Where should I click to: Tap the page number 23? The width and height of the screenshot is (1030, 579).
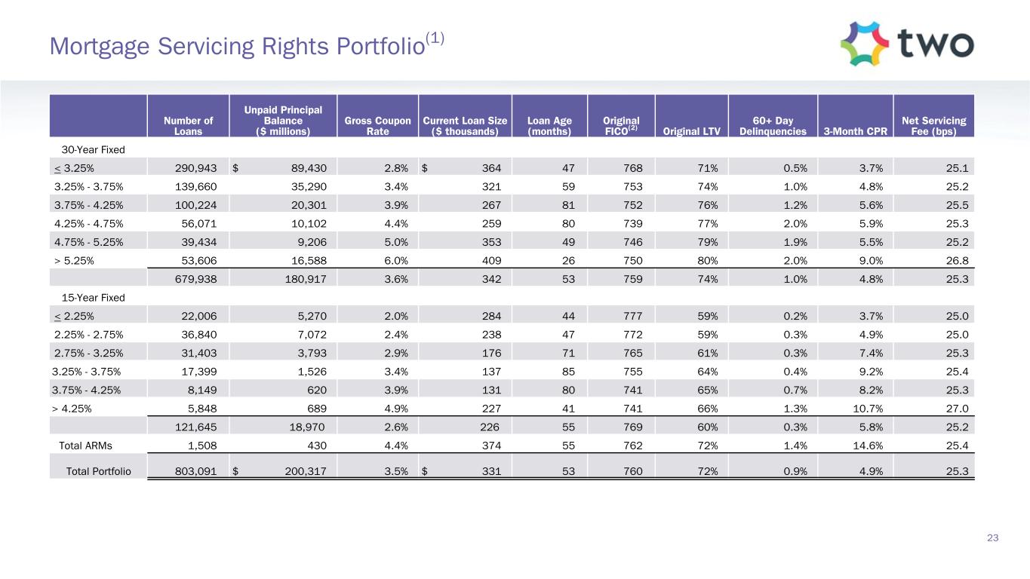(x=992, y=538)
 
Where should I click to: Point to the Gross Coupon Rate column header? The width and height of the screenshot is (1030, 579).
(x=377, y=124)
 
